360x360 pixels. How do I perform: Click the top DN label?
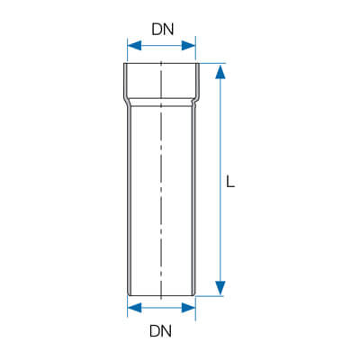[163, 30]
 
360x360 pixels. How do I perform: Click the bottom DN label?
[161, 331]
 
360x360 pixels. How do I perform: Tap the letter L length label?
[230, 182]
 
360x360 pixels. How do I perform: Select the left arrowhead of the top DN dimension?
[134, 46]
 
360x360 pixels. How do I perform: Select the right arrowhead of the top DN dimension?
[189, 46]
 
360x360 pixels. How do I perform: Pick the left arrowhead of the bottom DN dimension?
[134, 308]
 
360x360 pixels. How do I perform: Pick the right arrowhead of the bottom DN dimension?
[189, 308]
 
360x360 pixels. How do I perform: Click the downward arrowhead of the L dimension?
[220, 288]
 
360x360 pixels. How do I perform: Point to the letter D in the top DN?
[157, 30]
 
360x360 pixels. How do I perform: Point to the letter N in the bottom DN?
[166, 331]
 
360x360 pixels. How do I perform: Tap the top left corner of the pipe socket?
[124, 63]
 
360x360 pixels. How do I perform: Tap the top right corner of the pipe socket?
[199, 63]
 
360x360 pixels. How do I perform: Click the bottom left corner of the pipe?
[129, 295]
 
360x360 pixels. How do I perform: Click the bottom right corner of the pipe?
[194, 295]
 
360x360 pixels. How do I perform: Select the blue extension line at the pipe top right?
[212, 63]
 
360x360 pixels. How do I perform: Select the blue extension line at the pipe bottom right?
[210, 296]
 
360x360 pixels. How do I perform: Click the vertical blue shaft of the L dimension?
[220, 180]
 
